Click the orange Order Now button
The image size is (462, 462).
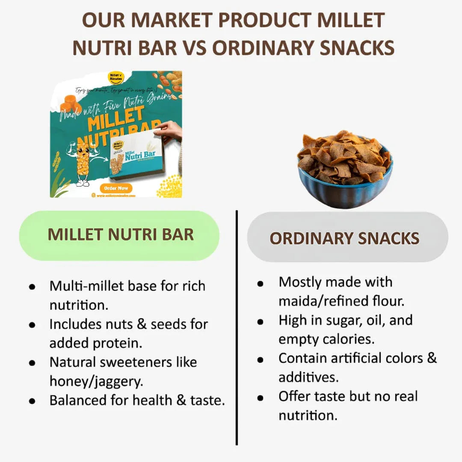pos(116,188)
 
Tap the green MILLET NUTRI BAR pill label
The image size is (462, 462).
pos(120,234)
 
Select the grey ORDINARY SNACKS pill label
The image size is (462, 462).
pos(345,238)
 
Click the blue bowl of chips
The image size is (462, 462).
pos(345,169)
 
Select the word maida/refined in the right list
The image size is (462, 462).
pos(322,301)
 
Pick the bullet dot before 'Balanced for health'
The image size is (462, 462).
pos(32,401)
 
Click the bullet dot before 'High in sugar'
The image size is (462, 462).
pos(261,322)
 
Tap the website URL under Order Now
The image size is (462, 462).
pos(115,195)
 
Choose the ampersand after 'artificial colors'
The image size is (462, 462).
pos(432,358)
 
